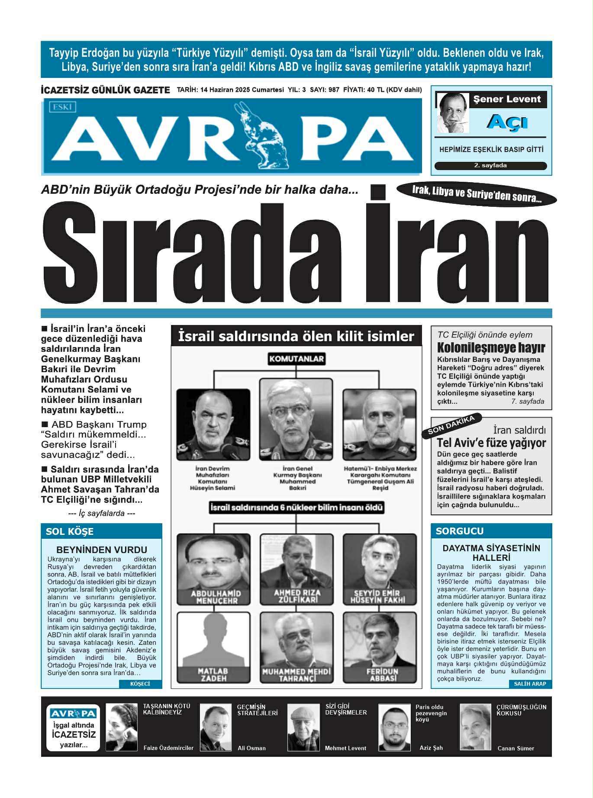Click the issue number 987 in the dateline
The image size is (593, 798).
click(x=334, y=90)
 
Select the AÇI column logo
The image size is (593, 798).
click(x=507, y=122)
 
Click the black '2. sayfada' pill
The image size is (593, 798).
click(x=490, y=166)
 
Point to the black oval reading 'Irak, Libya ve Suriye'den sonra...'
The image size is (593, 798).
click(x=476, y=194)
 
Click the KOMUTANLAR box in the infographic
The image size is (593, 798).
click(x=296, y=359)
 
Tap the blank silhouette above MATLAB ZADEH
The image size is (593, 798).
click(x=213, y=640)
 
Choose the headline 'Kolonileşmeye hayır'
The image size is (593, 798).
click(x=490, y=348)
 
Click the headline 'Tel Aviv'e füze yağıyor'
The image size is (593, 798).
click(x=491, y=443)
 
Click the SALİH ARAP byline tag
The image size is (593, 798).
click(x=530, y=684)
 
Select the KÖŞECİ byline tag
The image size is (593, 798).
click(x=140, y=684)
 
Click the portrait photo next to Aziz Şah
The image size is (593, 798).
click(x=394, y=727)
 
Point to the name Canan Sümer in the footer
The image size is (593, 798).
click(x=516, y=748)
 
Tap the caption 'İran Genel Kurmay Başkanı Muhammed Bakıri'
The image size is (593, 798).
click(x=297, y=478)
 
